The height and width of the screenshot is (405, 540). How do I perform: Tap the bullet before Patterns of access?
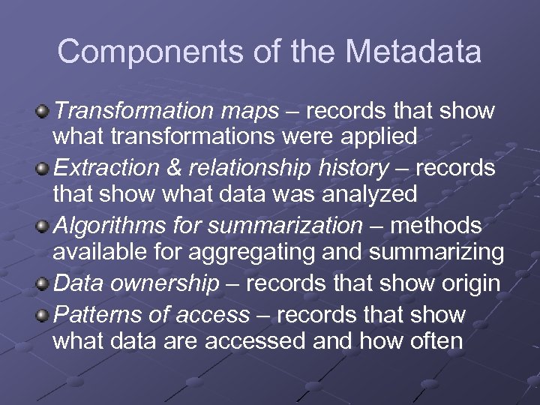44,315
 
